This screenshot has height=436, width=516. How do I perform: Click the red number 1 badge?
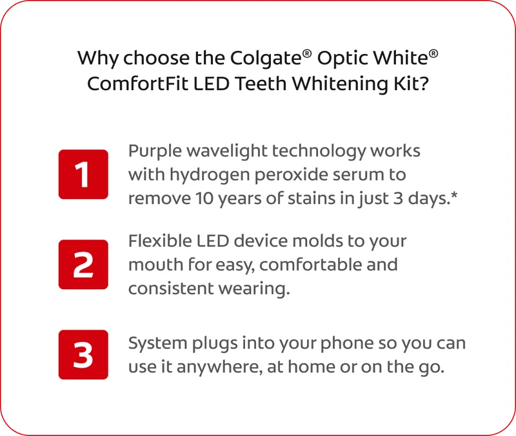coord(83,174)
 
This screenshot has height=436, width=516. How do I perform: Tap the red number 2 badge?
coord(83,265)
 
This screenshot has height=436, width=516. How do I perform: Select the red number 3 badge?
coord(83,354)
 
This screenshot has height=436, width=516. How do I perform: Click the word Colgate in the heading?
coord(264,59)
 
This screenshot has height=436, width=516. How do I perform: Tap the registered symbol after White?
coord(433,53)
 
